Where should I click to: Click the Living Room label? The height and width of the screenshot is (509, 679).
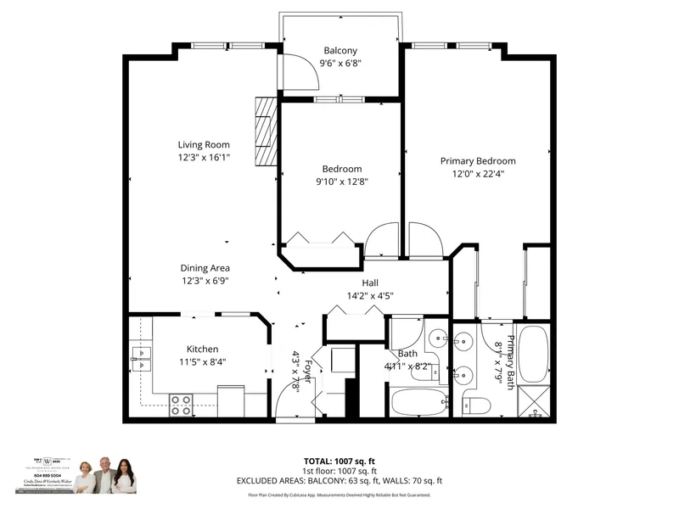click(x=204, y=144)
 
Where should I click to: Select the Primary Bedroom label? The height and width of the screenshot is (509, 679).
click(x=477, y=160)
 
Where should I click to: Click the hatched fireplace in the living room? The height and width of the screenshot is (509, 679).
click(x=267, y=131)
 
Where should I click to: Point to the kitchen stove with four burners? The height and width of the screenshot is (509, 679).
click(x=182, y=404)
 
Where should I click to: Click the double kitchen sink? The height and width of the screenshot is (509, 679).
click(x=141, y=359)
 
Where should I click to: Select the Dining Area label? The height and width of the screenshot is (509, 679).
click(x=204, y=267)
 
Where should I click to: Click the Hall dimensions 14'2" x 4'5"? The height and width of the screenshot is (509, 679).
click(x=370, y=296)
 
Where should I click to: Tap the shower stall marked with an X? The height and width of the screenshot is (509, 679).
click(x=534, y=401)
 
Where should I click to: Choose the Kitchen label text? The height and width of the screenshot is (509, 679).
click(x=203, y=349)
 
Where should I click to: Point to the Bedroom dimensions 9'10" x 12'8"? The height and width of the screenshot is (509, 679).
click(x=341, y=181)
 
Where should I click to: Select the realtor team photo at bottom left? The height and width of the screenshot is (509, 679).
click(x=105, y=478)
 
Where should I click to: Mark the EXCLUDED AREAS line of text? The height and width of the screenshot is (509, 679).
click(x=339, y=481)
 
